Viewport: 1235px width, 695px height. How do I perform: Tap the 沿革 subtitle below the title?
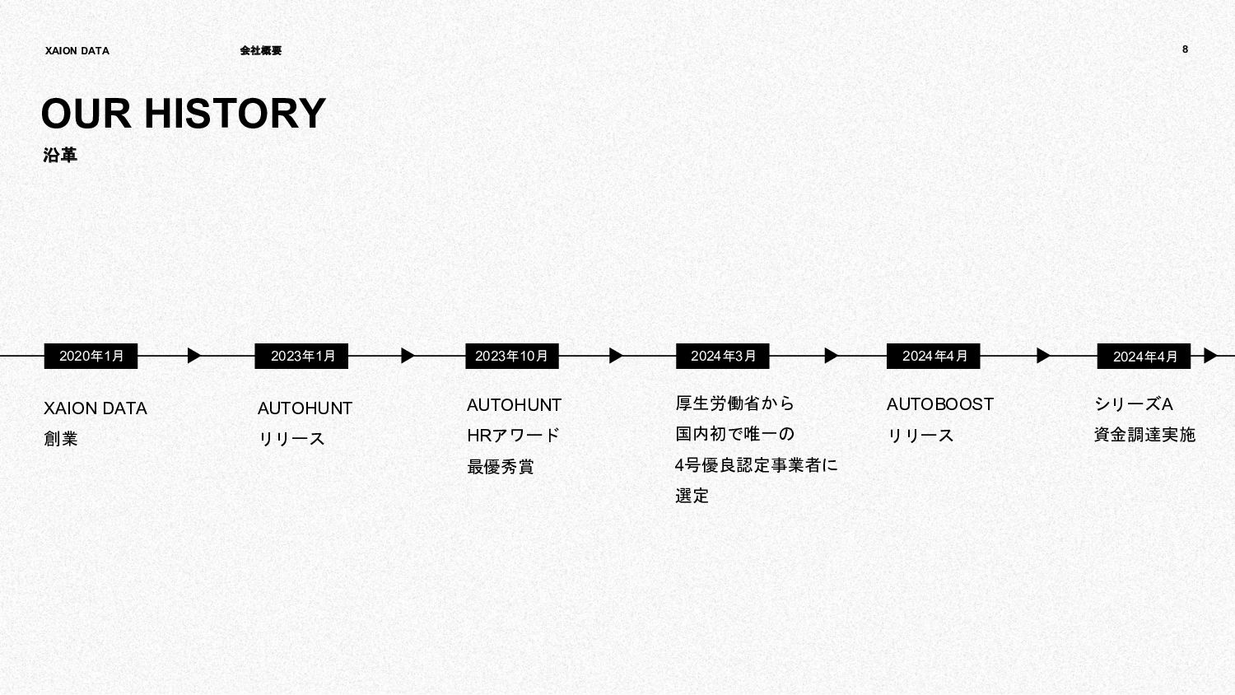click(x=60, y=156)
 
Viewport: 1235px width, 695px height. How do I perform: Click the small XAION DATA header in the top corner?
click(x=77, y=51)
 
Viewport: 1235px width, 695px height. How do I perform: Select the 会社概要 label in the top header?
click(x=260, y=51)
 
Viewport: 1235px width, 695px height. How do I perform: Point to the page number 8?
click(x=1185, y=49)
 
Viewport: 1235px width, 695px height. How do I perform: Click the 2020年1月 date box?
click(x=91, y=356)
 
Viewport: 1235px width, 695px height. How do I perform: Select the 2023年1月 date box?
click(x=301, y=356)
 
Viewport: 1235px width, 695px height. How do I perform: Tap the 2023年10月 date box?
click(x=512, y=356)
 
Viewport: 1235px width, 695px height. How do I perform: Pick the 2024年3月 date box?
click(x=723, y=356)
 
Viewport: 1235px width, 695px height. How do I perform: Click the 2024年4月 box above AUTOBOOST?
click(x=934, y=356)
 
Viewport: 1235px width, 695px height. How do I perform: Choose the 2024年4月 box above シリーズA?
click(x=1144, y=357)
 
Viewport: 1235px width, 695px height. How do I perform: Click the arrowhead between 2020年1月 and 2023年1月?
click(x=193, y=356)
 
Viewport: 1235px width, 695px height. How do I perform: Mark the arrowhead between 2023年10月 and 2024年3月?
click(x=616, y=356)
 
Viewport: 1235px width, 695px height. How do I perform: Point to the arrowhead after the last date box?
click(x=1209, y=356)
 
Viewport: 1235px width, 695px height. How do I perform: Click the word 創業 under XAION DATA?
click(x=61, y=439)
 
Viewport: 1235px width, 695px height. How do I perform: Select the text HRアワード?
click(x=513, y=436)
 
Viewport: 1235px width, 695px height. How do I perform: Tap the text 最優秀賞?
click(x=501, y=467)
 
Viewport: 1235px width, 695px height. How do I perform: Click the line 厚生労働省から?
click(x=735, y=403)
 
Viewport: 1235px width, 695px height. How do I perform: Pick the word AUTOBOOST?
click(x=939, y=404)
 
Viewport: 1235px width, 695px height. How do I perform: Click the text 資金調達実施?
click(x=1144, y=435)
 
